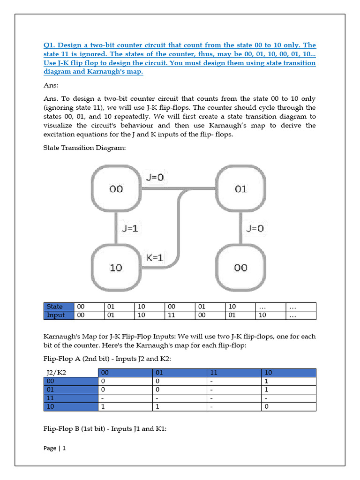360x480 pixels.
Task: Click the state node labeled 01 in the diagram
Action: tap(240, 189)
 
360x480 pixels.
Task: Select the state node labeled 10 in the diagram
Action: tap(116, 267)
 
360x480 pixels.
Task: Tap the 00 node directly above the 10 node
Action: tap(116, 189)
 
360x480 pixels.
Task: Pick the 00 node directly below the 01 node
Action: tap(240, 267)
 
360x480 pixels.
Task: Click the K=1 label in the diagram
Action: tap(155, 257)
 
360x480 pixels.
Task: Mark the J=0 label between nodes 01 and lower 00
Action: tap(255, 228)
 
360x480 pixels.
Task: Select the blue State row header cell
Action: tap(58, 307)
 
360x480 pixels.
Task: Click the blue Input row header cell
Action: tap(58, 315)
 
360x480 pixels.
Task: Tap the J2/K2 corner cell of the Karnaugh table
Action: tap(70, 373)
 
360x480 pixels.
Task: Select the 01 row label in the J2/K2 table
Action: tap(70, 390)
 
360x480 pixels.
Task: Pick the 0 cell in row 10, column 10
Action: tap(289, 407)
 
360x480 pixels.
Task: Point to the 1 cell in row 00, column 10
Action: tap(289, 381)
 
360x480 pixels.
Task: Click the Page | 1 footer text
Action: tap(55, 448)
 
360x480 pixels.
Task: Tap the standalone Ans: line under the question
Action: tap(51, 86)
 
